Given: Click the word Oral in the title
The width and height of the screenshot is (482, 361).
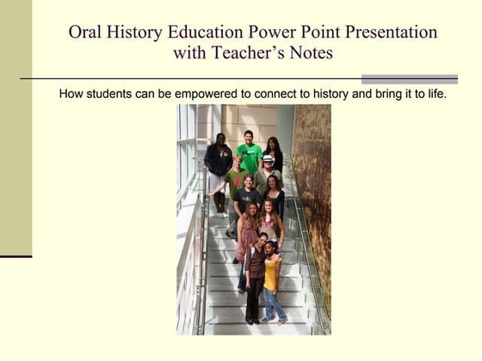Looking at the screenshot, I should [87, 33].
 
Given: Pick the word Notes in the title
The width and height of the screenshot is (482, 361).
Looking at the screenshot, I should [310, 53].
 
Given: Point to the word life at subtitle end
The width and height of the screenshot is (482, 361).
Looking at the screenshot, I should [435, 93].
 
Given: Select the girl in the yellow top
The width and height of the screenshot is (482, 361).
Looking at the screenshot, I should [271, 271].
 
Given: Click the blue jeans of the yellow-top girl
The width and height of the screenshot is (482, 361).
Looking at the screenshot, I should [273, 303].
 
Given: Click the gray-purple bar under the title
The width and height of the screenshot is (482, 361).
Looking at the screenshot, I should [409, 79].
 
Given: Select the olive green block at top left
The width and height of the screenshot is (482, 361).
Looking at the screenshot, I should [15, 129].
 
